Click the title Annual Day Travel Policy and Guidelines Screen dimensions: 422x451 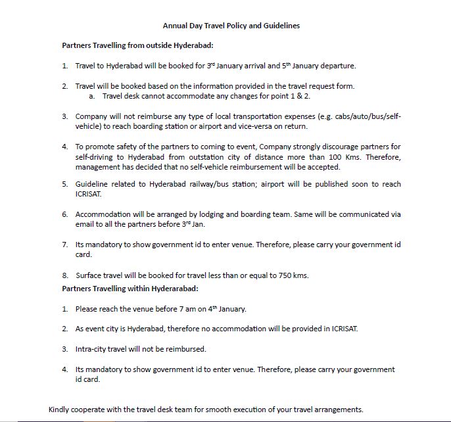point(231,26)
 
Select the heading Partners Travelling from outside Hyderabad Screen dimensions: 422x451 point(138,45)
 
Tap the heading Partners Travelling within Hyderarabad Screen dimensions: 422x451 point(130,289)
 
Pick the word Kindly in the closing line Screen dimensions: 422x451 point(61,409)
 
